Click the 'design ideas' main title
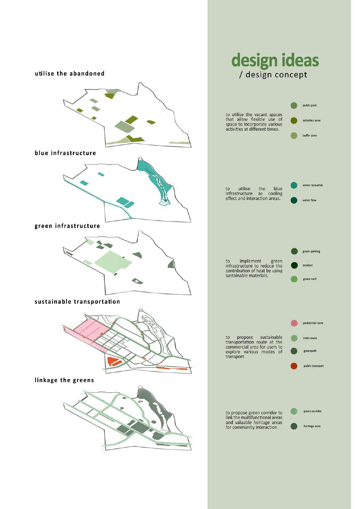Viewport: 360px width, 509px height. click(x=275, y=60)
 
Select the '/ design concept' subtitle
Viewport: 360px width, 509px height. click(x=273, y=75)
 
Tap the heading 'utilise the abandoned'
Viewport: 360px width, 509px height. click(x=70, y=73)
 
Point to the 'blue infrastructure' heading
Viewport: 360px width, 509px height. click(x=65, y=153)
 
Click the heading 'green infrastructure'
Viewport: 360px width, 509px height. click(x=67, y=226)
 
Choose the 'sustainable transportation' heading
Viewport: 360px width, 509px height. click(x=77, y=302)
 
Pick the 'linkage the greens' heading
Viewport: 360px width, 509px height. click(x=64, y=380)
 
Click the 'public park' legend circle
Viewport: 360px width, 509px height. click(x=294, y=105)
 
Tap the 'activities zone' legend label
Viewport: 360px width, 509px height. click(x=312, y=120)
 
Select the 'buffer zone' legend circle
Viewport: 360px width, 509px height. click(x=294, y=136)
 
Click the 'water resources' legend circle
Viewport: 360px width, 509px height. click(x=294, y=185)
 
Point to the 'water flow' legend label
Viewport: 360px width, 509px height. click(x=309, y=200)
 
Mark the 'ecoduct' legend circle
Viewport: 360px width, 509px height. click(x=294, y=265)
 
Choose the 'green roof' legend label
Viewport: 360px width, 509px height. click(x=310, y=279)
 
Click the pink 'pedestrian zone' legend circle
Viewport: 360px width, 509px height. click(x=294, y=323)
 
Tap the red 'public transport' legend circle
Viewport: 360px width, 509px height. click(x=294, y=366)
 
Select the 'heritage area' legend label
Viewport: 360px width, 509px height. click(x=312, y=426)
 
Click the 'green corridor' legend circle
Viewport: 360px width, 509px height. click(x=294, y=411)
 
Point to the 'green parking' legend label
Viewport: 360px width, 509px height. click(x=311, y=251)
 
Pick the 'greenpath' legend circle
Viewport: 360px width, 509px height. click(x=294, y=351)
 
